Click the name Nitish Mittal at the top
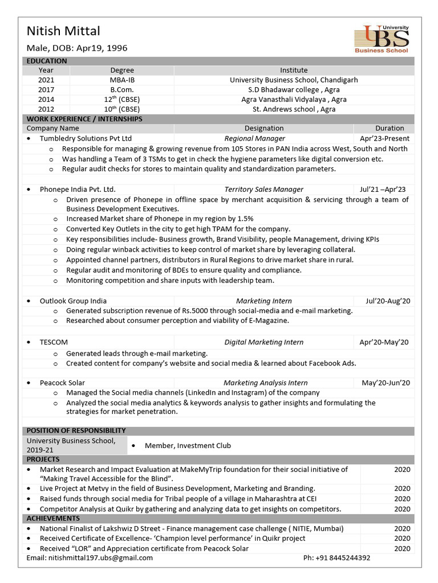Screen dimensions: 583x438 click(63, 31)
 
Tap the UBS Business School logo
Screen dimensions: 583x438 click(382, 39)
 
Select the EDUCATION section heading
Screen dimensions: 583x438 click(47, 61)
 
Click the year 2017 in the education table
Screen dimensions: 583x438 click(46, 90)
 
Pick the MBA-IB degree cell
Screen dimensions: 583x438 click(122, 80)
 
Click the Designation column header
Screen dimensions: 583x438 click(263, 129)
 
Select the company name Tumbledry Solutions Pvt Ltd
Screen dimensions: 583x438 click(86, 138)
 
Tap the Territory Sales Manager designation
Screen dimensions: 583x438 click(263, 189)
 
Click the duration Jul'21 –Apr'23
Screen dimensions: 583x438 click(383, 189)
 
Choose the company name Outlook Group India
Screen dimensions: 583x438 click(73, 301)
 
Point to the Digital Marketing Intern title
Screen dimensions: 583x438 click(263, 342)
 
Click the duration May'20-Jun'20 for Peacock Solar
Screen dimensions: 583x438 click(386, 383)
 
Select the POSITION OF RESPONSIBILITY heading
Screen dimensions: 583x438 click(76, 430)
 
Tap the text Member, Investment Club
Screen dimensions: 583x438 click(188, 446)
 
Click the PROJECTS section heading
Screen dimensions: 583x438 click(43, 459)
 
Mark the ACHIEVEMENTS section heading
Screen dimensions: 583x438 click(53, 518)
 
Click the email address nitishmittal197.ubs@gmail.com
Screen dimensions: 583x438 click(90, 558)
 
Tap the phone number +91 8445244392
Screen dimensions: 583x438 click(336, 558)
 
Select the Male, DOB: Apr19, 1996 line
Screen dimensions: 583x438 click(77, 48)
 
